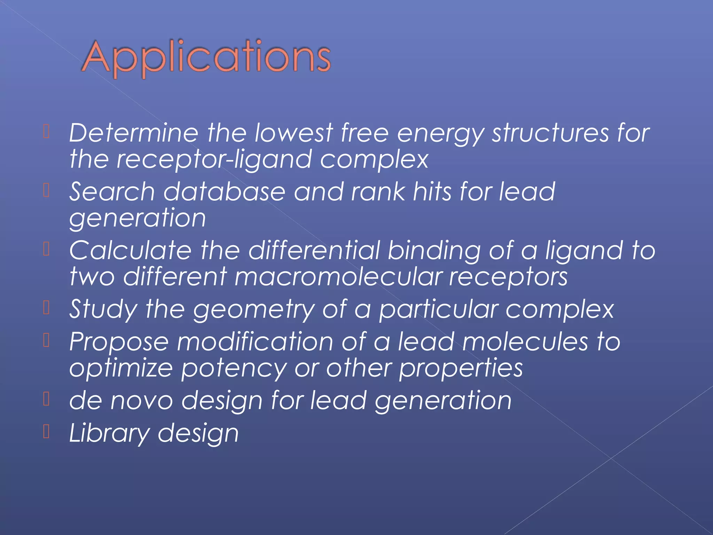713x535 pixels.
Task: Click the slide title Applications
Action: click(206, 57)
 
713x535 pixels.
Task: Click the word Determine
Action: click(133, 133)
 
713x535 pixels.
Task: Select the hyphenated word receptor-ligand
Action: click(214, 160)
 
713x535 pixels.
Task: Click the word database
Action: click(224, 192)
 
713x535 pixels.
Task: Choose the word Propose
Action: click(119, 342)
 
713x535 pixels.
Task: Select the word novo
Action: click(141, 401)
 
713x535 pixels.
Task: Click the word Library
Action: click(109, 434)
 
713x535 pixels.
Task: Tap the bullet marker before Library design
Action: click(47, 432)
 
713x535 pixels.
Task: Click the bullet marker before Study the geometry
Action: click(47, 308)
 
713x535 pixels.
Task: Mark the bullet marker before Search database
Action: click(47, 190)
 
